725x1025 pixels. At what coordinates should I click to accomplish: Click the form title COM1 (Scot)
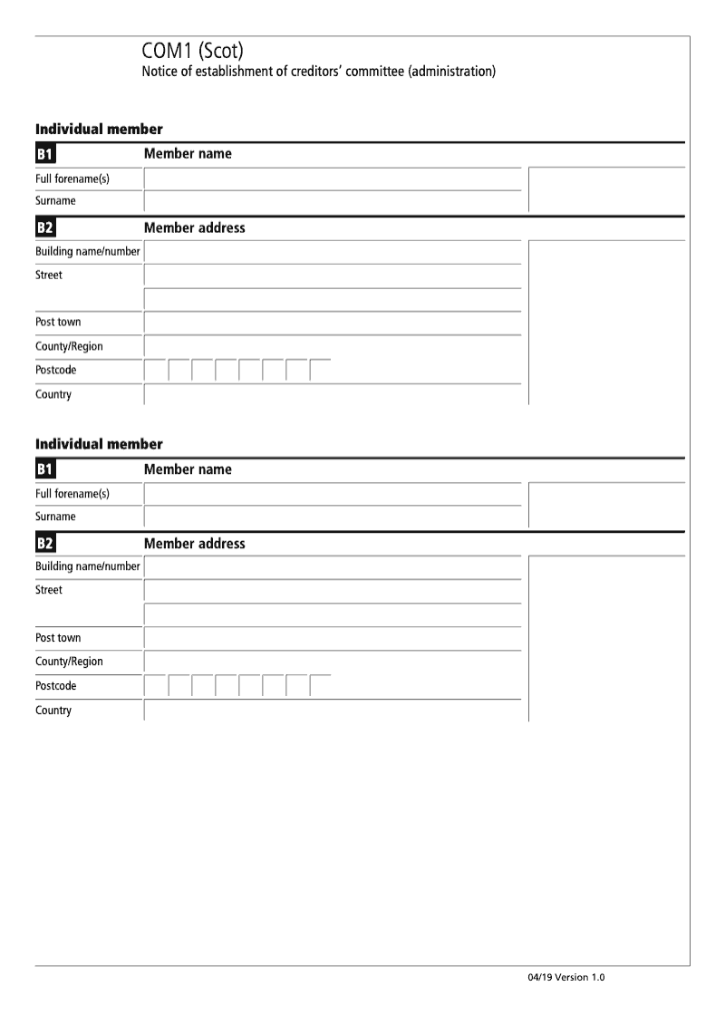point(192,52)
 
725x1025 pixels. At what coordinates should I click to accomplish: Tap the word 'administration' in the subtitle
point(450,72)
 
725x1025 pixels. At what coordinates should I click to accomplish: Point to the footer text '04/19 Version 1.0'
point(565,978)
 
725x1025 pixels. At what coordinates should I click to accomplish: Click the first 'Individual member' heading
point(99,129)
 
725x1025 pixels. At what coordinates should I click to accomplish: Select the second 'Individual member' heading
point(99,444)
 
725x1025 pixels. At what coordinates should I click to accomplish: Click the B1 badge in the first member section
point(45,154)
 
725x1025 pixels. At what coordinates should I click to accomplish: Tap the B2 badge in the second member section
point(45,544)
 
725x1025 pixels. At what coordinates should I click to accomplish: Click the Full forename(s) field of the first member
point(332,179)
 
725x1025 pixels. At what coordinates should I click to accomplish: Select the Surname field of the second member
point(332,517)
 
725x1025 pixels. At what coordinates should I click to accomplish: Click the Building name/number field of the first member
point(332,252)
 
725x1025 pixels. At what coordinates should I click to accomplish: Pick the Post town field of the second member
point(332,639)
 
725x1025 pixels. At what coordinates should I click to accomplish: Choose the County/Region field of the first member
point(332,347)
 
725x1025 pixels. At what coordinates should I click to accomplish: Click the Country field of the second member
point(332,711)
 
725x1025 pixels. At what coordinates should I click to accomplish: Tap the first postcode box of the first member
point(155,371)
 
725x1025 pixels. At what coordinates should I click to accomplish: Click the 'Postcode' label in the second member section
point(56,686)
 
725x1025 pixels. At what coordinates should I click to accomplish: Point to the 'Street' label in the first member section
point(49,276)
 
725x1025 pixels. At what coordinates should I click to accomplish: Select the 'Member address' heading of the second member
point(194,544)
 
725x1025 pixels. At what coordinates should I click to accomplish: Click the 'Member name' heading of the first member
point(188,154)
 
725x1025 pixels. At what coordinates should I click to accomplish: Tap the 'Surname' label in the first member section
point(55,201)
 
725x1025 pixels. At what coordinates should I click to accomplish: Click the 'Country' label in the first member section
point(53,395)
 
